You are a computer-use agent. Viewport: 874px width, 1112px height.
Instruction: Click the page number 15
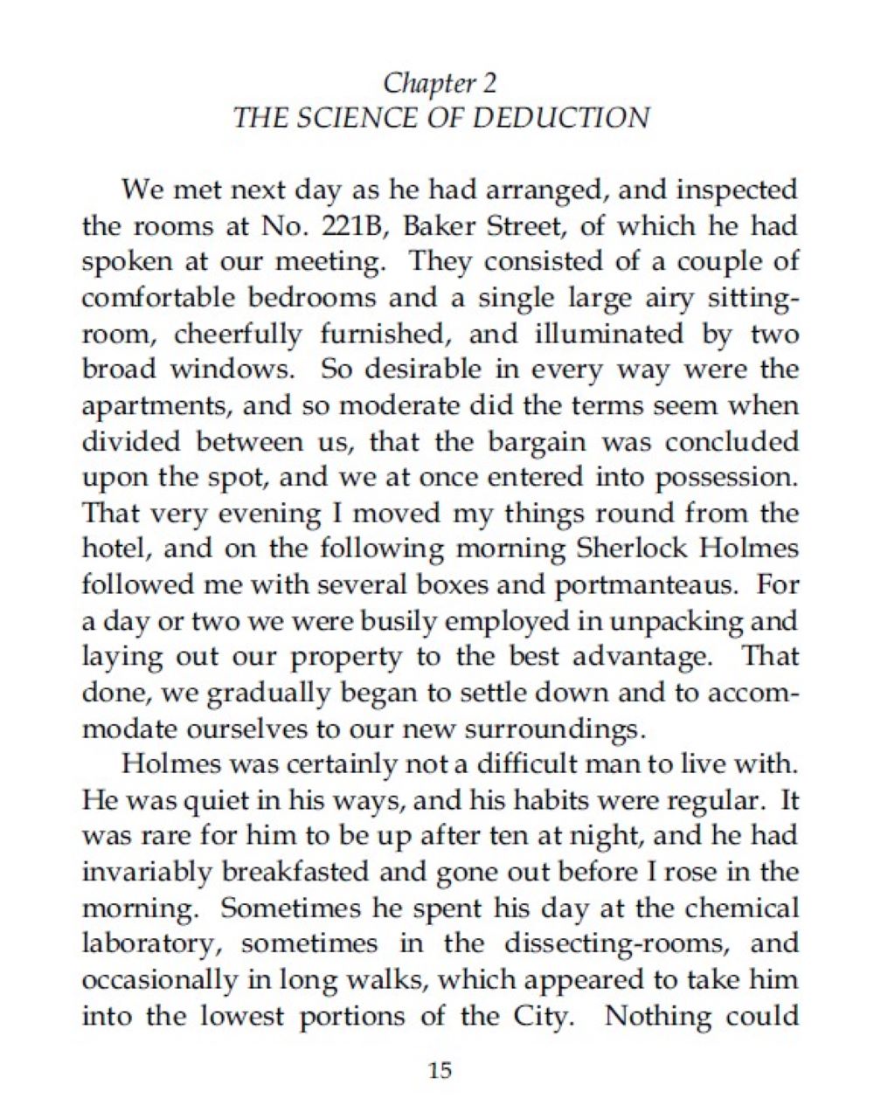click(440, 1071)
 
